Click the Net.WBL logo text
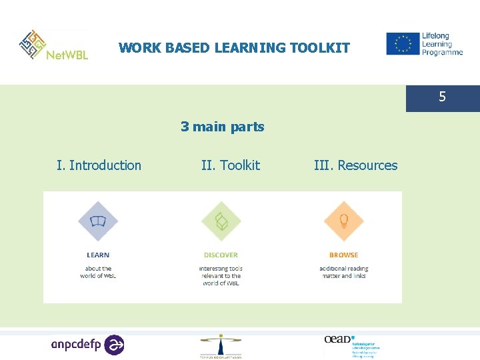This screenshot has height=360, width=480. [67, 54]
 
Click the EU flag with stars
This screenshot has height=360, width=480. [402, 44]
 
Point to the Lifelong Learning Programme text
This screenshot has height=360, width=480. [441, 44]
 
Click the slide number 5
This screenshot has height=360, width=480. [442, 97]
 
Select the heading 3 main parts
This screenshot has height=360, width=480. [222, 127]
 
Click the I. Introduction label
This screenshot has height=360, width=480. [99, 165]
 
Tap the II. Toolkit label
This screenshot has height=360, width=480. [230, 165]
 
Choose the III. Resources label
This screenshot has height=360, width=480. [355, 165]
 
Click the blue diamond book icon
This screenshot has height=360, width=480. [98, 221]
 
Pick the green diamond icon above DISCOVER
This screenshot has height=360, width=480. [221, 221]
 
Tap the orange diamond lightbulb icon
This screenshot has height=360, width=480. [343, 221]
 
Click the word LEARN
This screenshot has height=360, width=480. [98, 255]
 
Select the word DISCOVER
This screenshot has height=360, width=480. [221, 255]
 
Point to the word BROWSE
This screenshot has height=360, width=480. [343, 255]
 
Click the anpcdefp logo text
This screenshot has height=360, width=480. [77, 345]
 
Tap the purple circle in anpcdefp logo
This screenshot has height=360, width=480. [114, 345]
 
